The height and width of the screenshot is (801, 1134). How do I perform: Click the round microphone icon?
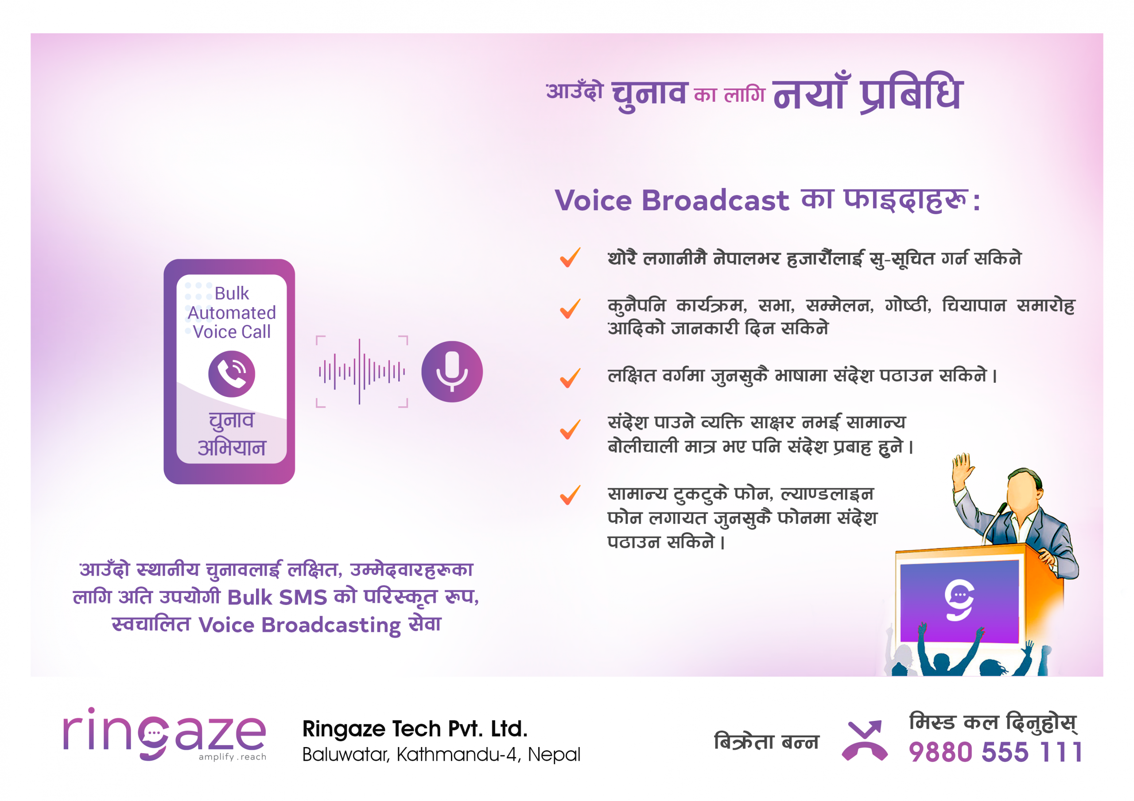452,372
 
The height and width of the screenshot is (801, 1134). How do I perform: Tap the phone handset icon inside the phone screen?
232,374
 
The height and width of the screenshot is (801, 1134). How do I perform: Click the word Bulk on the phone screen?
232,293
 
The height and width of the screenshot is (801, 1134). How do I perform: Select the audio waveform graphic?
362,372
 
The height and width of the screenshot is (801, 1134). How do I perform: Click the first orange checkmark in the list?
570,258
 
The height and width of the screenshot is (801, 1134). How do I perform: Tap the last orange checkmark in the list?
570,495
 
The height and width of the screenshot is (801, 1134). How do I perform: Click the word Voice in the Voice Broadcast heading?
593,200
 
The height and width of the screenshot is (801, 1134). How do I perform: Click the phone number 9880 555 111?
995,752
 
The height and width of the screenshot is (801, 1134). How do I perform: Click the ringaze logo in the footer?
164,734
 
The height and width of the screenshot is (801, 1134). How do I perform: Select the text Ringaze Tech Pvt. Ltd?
415,729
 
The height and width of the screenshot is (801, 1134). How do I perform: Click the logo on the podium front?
959,600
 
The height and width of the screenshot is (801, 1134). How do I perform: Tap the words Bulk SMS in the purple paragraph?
277,597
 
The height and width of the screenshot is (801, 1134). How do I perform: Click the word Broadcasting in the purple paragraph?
331,626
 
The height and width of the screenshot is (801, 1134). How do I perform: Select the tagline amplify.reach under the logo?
232,757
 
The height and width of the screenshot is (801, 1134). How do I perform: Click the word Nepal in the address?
554,755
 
